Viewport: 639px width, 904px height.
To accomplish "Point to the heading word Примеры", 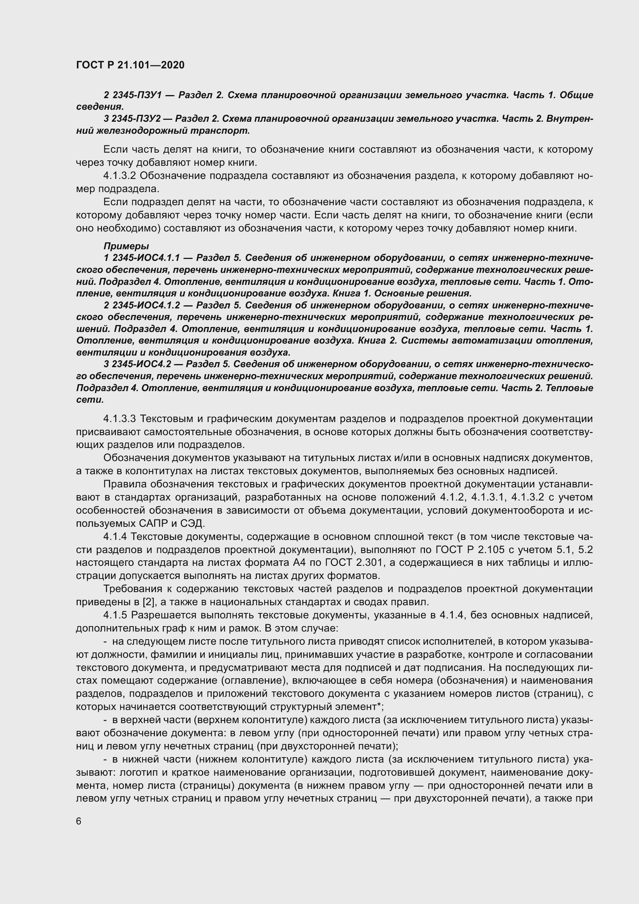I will (x=126, y=246).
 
